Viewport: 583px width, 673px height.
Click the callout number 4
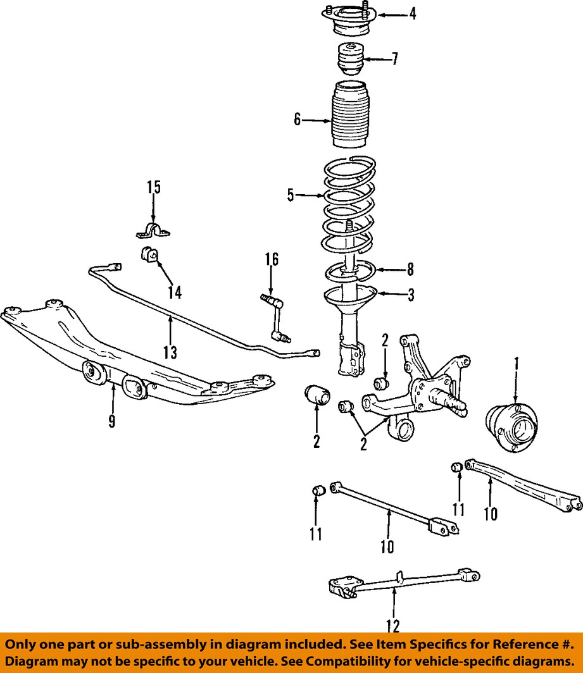click(x=413, y=14)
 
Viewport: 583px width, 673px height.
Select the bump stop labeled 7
click(x=349, y=59)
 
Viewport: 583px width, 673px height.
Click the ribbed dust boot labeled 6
click(x=351, y=114)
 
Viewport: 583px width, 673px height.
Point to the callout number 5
click(x=291, y=195)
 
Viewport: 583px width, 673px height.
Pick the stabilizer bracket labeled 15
click(x=153, y=230)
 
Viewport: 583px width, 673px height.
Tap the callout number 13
click(x=170, y=352)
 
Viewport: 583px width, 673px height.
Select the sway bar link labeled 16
click(x=275, y=318)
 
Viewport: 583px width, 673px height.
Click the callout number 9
click(x=112, y=421)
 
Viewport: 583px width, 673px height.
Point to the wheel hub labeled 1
click(x=511, y=428)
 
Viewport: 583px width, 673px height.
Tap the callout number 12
click(x=392, y=626)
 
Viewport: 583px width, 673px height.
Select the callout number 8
click(x=410, y=269)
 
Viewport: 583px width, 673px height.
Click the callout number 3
click(x=411, y=295)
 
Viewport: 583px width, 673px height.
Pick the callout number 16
click(x=272, y=260)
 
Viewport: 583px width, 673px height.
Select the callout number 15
click(x=154, y=187)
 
